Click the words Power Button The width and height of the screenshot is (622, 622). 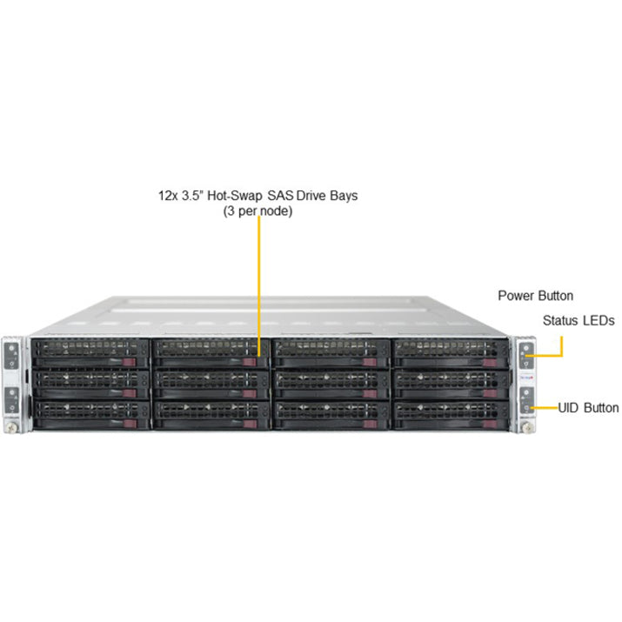click(x=535, y=296)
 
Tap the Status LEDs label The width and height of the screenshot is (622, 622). click(x=579, y=320)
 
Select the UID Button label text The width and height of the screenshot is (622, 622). click(x=588, y=408)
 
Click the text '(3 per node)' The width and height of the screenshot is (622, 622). click(x=257, y=211)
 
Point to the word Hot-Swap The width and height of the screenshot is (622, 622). click(x=234, y=196)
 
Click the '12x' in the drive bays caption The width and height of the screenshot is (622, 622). click(x=168, y=196)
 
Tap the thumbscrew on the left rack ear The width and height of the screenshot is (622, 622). click(x=11, y=427)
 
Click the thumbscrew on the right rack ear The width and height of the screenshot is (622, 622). click(x=527, y=428)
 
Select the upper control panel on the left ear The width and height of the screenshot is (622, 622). click(x=11, y=356)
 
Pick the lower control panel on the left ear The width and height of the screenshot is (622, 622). click(x=12, y=401)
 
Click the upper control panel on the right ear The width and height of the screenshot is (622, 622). click(x=526, y=356)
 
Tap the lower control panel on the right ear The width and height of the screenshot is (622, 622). click(x=527, y=401)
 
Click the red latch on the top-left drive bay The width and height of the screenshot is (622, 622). click(x=129, y=362)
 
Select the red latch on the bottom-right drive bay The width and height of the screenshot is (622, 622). click(x=490, y=425)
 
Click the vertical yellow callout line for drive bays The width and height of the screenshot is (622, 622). click(x=259, y=285)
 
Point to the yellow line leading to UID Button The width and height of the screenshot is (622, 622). click(x=545, y=408)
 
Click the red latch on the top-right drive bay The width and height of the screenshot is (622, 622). click(x=490, y=363)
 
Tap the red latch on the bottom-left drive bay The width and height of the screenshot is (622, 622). click(x=130, y=424)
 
